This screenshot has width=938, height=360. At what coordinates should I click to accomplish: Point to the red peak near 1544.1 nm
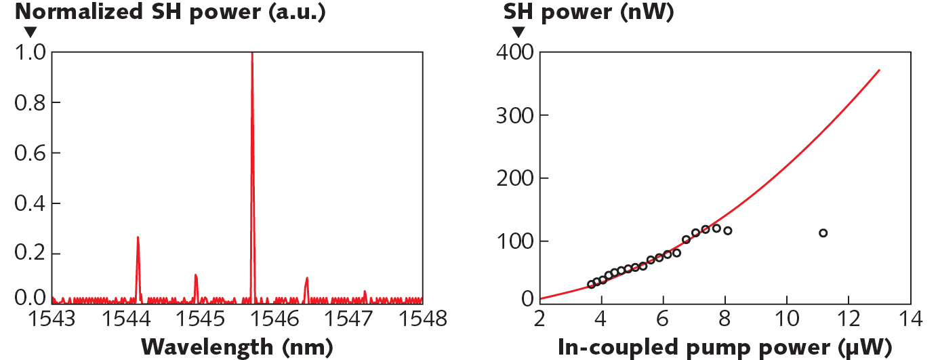point(138,239)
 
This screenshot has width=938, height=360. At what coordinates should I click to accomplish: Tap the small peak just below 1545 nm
point(196,276)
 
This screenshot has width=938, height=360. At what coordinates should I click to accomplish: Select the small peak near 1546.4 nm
point(306,279)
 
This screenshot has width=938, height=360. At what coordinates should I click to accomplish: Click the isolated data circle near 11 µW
point(823,233)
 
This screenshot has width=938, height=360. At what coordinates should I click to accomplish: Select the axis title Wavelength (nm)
point(237,346)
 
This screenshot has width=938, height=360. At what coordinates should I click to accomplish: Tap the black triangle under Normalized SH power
point(30,32)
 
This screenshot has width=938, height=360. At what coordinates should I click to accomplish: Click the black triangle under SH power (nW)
point(518,32)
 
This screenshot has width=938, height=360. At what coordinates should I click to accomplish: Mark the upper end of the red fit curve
point(880,70)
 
